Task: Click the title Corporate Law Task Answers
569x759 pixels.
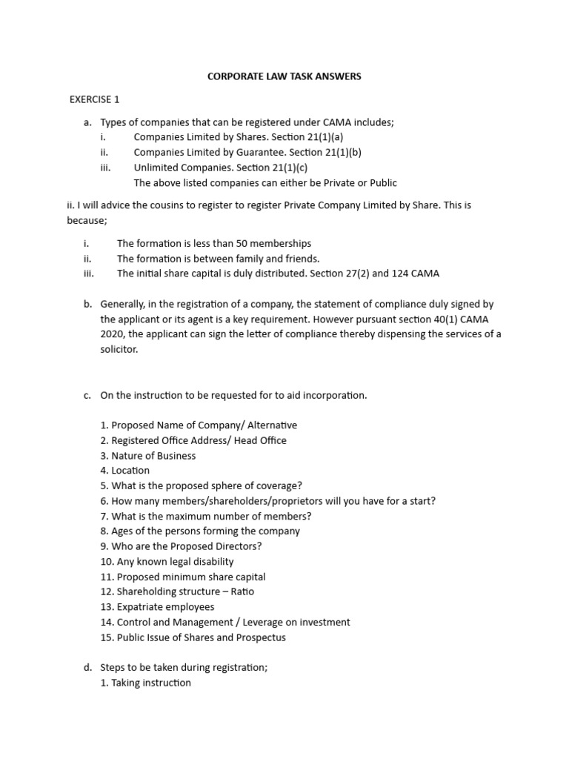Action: pyautogui.click(x=284, y=76)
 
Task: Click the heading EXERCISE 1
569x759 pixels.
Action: pyautogui.click(x=94, y=99)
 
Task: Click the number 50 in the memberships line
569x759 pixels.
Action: pyautogui.click(x=227, y=243)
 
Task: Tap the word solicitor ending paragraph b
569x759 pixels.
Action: pyautogui.click(x=119, y=349)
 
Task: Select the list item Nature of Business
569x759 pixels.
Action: pyautogui.click(x=153, y=456)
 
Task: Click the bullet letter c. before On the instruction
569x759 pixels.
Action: pyautogui.click(x=87, y=395)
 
